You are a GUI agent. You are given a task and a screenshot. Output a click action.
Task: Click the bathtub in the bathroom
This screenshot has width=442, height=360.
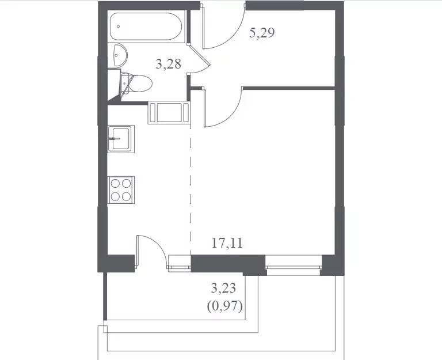pyautogui.click(x=146, y=26)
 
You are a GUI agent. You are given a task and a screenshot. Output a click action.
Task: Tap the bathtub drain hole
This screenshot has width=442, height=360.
pyautogui.click(x=118, y=26)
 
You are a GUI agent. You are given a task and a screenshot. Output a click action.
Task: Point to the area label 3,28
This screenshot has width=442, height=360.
pyautogui.click(x=168, y=64)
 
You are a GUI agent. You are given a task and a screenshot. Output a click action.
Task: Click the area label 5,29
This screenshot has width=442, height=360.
pyautogui.click(x=262, y=33)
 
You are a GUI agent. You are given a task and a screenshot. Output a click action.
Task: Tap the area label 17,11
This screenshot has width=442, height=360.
pyautogui.click(x=227, y=243)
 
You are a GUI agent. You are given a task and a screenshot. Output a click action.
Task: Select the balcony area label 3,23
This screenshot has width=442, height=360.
pyautogui.click(x=223, y=289)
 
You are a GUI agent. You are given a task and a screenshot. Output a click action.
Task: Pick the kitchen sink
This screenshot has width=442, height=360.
pyautogui.click(x=121, y=139)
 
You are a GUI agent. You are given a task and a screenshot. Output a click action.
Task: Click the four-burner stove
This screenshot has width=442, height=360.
pyautogui.click(x=121, y=190)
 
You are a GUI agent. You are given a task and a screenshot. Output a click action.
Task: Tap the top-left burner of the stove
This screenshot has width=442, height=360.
pyautogui.click(x=115, y=184)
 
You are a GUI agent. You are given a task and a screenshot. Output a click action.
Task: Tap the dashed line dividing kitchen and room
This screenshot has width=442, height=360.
pyautogui.click(x=190, y=190)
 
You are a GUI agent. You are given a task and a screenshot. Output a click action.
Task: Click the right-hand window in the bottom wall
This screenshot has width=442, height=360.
pyautogui.click(x=294, y=265)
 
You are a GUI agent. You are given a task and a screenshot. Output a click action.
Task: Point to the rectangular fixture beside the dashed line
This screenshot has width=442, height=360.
pyautogui.click(x=169, y=112)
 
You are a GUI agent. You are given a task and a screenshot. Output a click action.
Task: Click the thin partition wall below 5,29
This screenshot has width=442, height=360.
pyautogui.click(x=289, y=88)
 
